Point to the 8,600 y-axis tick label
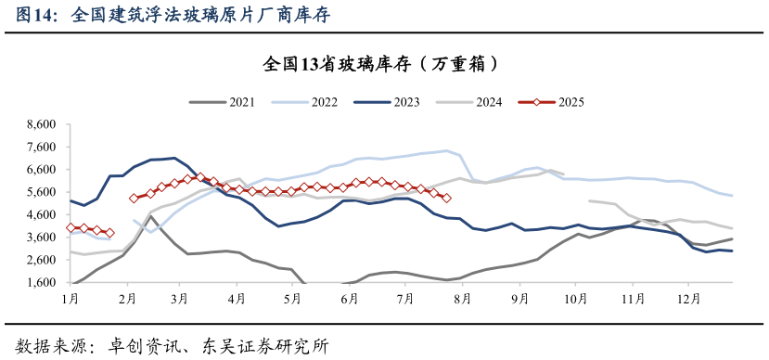tap(43, 123)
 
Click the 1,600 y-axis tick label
tap(43, 283)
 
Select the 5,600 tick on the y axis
tap(43, 192)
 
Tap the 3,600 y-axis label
tap(43, 238)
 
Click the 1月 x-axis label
tap(70, 299)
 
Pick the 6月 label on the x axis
tap(350, 299)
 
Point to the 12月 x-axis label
tap(688, 299)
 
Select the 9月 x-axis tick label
tap(519, 299)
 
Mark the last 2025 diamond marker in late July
tap(446, 198)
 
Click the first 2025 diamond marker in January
tap(71, 227)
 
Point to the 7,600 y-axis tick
tap(43, 147)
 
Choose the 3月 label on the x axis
tap(181, 299)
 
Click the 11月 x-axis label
tap(633, 299)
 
